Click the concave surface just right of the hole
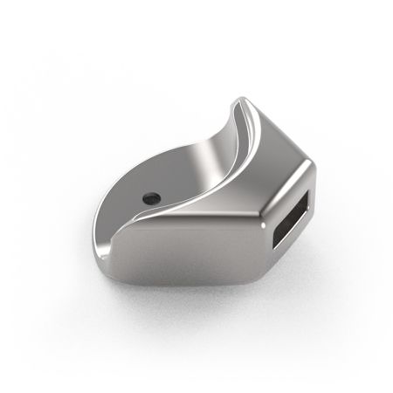[x=175, y=188]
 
